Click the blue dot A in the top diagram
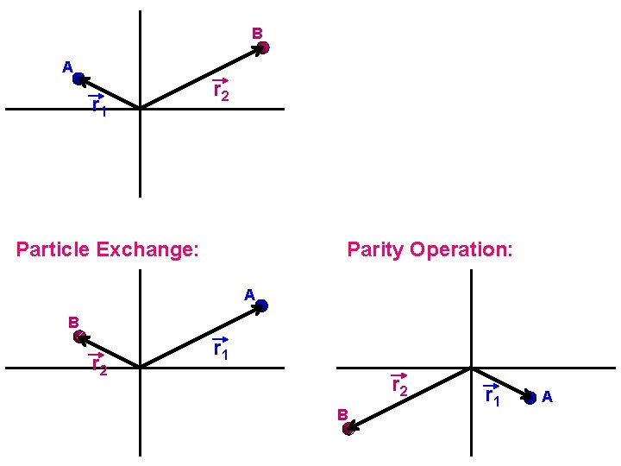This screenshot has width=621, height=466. pos(78,79)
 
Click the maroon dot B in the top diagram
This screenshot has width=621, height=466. pos(263,47)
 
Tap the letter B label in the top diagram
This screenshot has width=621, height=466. pos(257,34)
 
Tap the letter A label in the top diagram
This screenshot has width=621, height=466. pos(66,66)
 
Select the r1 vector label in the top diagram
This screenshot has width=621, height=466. pos(99,105)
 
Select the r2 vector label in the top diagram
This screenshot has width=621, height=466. pos(221,91)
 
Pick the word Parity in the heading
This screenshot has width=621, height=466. pos(376,250)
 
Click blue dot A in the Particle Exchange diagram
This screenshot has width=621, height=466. pos(262,305)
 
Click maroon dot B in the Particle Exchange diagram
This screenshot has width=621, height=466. pos(79,337)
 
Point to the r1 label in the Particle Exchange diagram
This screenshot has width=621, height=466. pos(221,349)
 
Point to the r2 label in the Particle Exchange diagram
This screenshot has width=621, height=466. pos(99,365)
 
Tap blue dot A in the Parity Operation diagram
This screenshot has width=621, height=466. pos(530,397)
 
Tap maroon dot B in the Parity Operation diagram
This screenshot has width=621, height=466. pos(348,428)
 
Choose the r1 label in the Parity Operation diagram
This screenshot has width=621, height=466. pos(492,395)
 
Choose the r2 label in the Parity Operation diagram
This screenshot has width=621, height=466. pos(399,385)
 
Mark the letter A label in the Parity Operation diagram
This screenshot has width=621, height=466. pos(547,397)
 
